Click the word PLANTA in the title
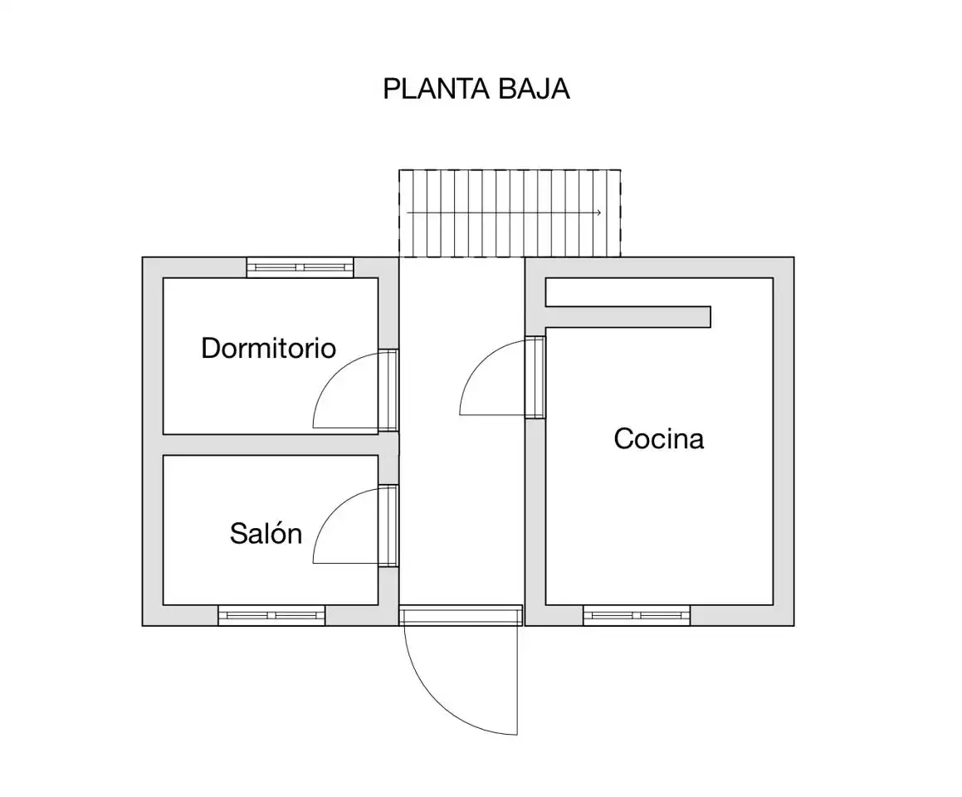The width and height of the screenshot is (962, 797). [x=437, y=89]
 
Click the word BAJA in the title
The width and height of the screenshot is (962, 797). [x=534, y=89]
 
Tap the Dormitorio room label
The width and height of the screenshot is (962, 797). [x=269, y=349]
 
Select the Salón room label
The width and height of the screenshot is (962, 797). [x=266, y=533]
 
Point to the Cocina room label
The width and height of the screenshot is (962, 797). [x=659, y=438]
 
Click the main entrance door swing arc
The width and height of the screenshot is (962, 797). [x=438, y=702]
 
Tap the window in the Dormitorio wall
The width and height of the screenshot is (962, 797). [x=300, y=267]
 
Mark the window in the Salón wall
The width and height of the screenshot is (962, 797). [x=271, y=615]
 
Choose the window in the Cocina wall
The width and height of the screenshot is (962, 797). [x=637, y=615]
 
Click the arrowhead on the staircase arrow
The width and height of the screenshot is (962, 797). [x=598, y=213]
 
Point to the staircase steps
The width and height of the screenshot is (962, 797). [x=510, y=213]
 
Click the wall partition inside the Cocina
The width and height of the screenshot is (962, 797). [x=627, y=316]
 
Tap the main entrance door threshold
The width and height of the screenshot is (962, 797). [x=461, y=615]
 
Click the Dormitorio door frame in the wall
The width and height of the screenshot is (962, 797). [x=388, y=390]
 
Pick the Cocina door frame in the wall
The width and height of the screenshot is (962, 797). [x=535, y=378]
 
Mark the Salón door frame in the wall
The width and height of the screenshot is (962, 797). [x=388, y=526]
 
